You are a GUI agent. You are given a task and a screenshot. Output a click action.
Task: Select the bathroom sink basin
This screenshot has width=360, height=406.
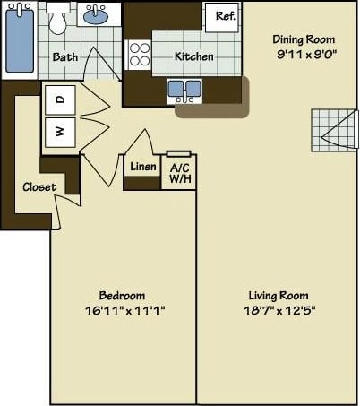tap(94, 16)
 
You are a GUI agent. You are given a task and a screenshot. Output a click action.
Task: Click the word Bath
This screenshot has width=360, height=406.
tap(65, 57)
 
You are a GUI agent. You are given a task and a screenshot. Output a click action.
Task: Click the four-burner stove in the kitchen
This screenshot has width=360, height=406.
tap(140, 56)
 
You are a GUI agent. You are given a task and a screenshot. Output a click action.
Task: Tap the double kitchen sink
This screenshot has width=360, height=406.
tap(184, 91)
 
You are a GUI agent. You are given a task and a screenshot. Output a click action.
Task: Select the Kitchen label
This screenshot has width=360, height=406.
tap(194, 56)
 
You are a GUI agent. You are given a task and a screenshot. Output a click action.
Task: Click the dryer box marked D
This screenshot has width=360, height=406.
tap(60, 100)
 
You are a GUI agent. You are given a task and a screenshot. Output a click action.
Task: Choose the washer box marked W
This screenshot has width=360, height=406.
tap(60, 133)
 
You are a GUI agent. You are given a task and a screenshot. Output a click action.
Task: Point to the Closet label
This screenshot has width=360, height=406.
tap(39, 187)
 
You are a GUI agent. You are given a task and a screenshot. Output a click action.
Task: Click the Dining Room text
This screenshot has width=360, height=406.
tap(304, 39)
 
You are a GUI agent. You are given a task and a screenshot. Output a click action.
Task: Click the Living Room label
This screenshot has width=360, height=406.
tap(278, 296)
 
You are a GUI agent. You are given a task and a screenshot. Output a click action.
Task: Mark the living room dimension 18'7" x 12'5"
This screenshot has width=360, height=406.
tap(278, 311)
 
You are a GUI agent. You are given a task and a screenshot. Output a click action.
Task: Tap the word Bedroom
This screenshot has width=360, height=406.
tap(122, 296)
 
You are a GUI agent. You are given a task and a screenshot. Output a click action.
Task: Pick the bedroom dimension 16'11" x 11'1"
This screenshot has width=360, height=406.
tap(122, 311)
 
